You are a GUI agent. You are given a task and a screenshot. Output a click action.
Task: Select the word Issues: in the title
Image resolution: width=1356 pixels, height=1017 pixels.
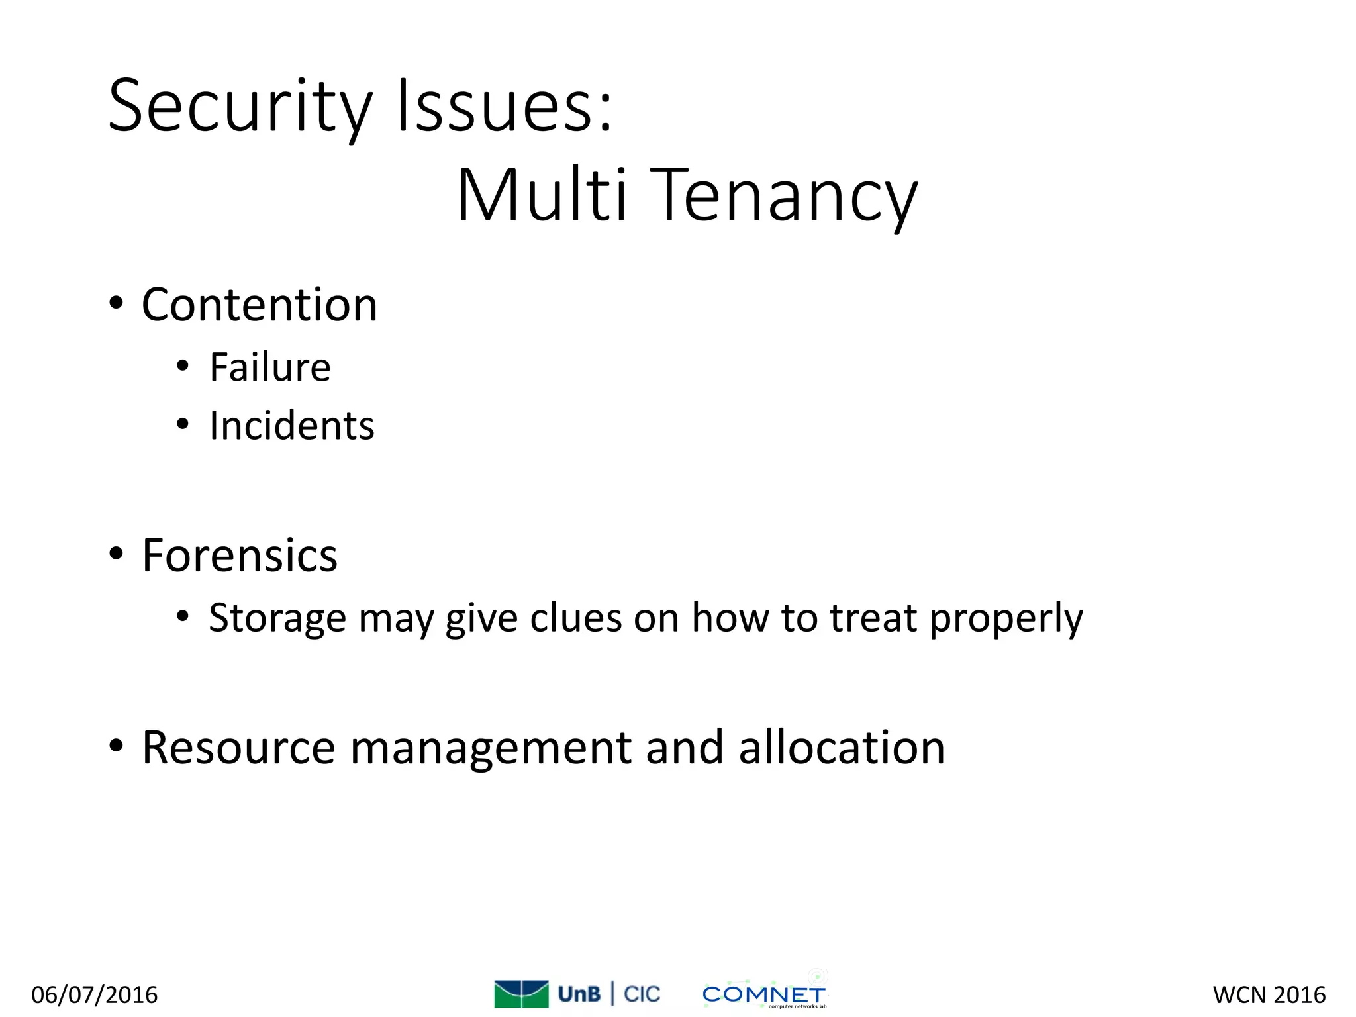[x=505, y=106]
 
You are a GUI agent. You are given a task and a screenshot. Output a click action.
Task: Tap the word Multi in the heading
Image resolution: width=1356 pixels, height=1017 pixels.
[x=542, y=195]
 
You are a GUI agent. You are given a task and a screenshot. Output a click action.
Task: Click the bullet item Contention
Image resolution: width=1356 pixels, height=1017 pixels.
[x=260, y=305]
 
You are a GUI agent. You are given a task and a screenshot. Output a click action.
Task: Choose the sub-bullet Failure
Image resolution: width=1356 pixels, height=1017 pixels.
[x=269, y=367]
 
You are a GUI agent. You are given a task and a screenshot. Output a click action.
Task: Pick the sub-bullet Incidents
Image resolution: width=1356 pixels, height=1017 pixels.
[x=291, y=425]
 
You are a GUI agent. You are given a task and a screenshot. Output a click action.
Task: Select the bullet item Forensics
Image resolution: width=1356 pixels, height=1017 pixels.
[x=240, y=555]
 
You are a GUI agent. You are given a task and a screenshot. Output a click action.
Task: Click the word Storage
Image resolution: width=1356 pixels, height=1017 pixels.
[x=277, y=618]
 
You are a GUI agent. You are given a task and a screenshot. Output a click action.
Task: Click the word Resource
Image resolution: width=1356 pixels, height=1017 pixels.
[x=238, y=748]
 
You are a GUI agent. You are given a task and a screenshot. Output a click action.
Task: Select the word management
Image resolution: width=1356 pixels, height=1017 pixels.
[x=490, y=749]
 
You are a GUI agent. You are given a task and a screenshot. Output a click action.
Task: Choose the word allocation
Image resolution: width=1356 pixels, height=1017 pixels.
[x=841, y=748]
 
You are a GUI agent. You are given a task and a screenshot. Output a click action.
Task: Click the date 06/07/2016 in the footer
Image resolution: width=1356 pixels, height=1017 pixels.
[x=95, y=994]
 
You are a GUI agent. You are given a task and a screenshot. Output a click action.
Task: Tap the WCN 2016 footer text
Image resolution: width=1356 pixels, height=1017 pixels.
[x=1269, y=994]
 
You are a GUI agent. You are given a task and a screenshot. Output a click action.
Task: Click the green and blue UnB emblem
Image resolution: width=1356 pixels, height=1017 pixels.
[x=521, y=993]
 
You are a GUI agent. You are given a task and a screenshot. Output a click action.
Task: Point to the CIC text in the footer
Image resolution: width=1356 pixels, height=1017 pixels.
[x=642, y=994]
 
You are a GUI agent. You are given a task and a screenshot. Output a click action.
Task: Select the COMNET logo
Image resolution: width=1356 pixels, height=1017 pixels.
[x=764, y=994]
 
